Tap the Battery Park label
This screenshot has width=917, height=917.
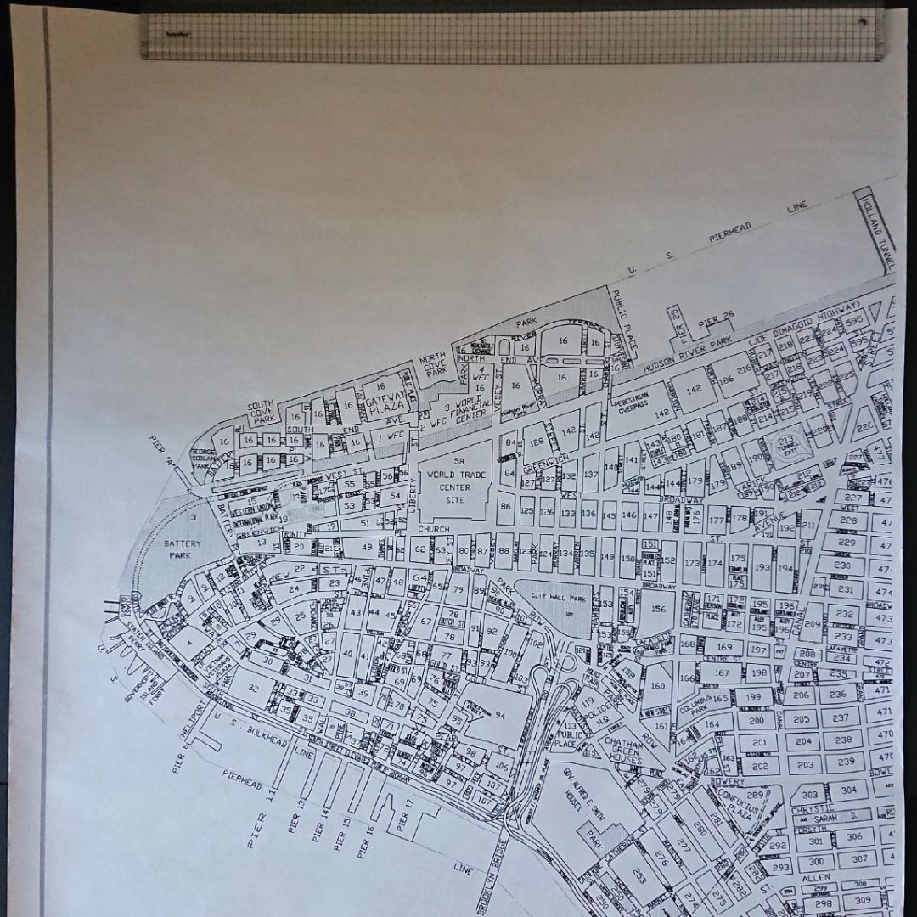[183, 549]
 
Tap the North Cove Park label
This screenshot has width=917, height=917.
[434, 364]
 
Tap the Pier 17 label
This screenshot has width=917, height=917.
[407, 816]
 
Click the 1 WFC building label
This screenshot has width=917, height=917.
[391, 436]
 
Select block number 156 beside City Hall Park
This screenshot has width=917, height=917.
[657, 608]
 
